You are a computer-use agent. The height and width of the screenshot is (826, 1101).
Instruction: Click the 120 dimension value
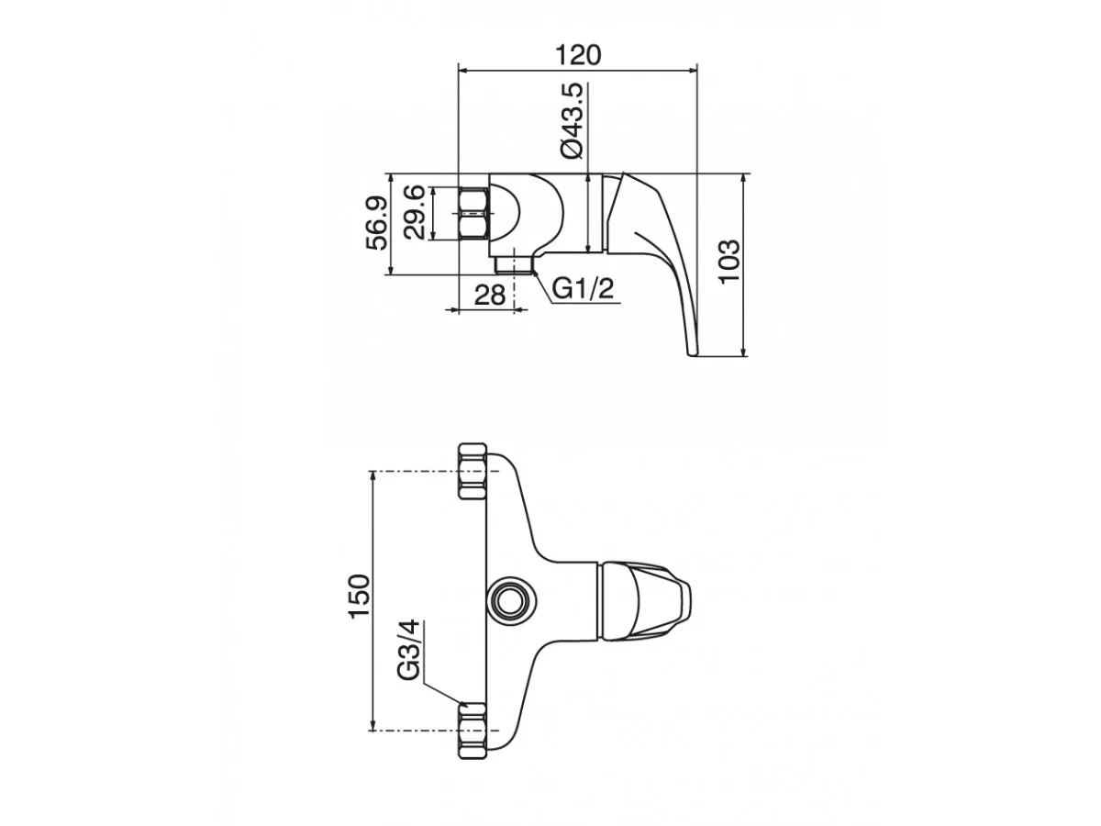(578, 55)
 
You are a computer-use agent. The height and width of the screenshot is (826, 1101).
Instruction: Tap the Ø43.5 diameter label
(572, 121)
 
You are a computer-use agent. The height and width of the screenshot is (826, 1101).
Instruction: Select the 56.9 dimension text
(377, 223)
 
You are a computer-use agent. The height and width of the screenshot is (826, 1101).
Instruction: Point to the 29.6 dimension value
(415, 213)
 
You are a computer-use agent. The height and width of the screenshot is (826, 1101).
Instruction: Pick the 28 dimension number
(489, 295)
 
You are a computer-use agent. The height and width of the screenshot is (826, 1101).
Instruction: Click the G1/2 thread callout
(583, 288)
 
